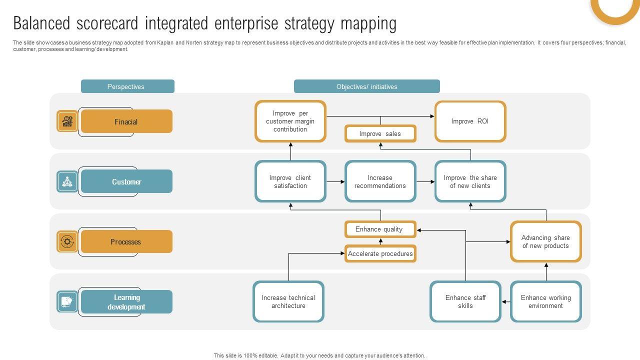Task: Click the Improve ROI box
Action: tap(470, 121)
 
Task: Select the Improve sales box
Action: tap(380, 133)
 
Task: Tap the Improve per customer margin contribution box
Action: tap(290, 121)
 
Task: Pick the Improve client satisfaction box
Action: tap(290, 181)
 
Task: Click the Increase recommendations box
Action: tap(380, 181)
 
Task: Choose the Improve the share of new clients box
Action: tap(470, 181)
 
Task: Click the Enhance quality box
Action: tap(380, 229)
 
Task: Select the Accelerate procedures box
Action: tap(380, 253)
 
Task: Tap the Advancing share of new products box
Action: tap(545, 241)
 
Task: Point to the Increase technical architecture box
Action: tap(288, 301)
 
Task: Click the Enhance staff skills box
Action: tap(465, 301)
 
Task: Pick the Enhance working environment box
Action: tap(545, 301)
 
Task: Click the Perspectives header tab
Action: tap(127, 86)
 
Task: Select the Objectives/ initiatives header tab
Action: tap(366, 86)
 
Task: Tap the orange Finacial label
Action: tap(126, 121)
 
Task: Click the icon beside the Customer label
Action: tap(67, 181)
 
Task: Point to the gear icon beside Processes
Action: tap(67, 241)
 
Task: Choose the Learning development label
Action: tap(126, 302)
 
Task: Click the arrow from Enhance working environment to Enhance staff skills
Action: tap(505, 301)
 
